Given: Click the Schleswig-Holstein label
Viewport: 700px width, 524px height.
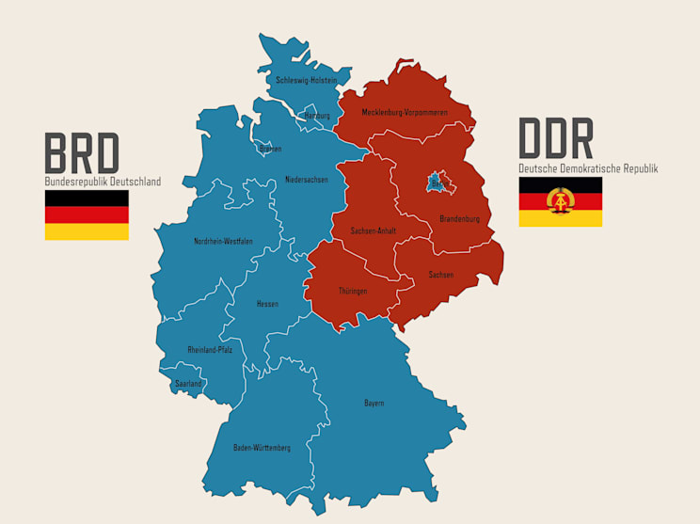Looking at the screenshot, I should point(307,81).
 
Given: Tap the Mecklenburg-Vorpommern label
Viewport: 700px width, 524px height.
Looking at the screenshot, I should point(405,113).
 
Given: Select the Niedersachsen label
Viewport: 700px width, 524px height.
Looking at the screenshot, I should point(307,180).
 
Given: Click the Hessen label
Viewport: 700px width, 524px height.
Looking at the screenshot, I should point(267,304).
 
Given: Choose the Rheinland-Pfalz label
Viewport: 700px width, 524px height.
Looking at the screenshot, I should point(210,350).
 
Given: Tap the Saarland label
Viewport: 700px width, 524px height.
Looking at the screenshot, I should point(188,384).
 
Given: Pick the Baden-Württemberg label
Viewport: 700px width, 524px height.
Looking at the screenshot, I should point(262,448).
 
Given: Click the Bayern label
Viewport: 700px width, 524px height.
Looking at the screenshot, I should point(374,404).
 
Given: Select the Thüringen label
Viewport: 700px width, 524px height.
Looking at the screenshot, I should point(353,291).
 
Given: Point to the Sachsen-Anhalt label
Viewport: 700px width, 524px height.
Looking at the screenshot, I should point(373,230).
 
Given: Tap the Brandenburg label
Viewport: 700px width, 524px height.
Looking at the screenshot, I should point(459,219).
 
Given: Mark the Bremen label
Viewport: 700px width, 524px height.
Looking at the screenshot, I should point(270,149).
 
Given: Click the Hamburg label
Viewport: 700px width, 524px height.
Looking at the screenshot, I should point(317,116).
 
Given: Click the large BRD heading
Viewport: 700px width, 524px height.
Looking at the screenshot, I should point(83,153).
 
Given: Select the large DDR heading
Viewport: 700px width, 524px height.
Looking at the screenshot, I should point(556,140).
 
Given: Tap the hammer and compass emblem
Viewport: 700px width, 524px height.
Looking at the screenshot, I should point(561,201).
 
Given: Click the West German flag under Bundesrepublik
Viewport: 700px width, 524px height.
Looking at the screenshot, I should point(87,214).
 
